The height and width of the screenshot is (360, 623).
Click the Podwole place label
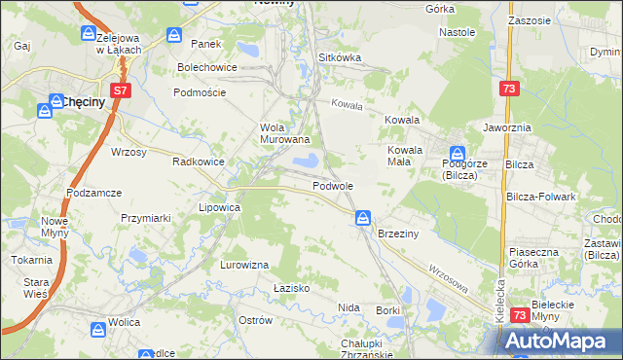click(x=333, y=185)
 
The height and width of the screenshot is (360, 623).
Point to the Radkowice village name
click(x=199, y=162)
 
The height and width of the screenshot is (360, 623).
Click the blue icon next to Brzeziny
click(x=363, y=218)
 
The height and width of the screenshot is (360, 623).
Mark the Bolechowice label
click(x=207, y=67)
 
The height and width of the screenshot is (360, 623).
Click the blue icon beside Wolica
click(x=96, y=331)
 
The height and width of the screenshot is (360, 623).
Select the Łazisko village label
click(x=291, y=288)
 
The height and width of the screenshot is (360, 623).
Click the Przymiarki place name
click(x=146, y=219)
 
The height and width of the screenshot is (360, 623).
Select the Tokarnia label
click(x=31, y=260)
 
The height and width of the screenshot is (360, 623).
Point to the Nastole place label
click(x=457, y=32)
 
